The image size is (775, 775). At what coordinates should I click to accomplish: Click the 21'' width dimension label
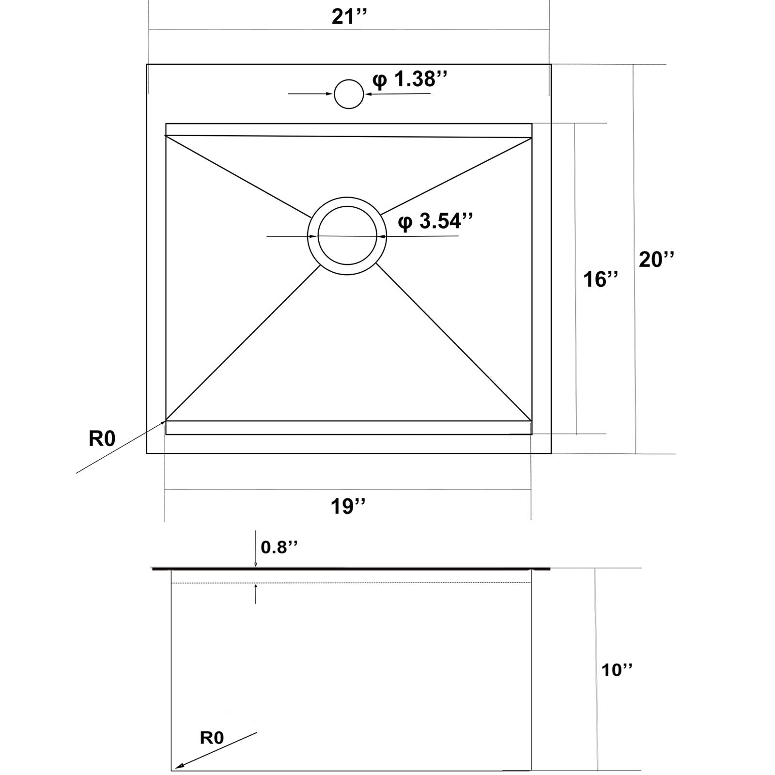tap(349, 17)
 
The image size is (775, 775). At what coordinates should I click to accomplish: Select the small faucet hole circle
tap(349, 94)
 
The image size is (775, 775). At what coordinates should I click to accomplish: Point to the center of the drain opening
tap(347, 236)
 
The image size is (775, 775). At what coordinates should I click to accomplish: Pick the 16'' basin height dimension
tap(600, 279)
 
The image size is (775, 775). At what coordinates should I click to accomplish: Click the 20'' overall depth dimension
tap(656, 260)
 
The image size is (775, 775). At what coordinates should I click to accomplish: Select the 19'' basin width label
tap(348, 507)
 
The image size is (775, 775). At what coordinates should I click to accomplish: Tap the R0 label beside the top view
tap(102, 438)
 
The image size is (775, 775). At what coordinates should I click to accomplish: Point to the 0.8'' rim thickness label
tap(279, 547)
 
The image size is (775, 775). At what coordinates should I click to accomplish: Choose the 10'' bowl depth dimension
tap(617, 670)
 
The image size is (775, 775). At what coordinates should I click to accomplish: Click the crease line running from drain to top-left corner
tap(237, 177)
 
